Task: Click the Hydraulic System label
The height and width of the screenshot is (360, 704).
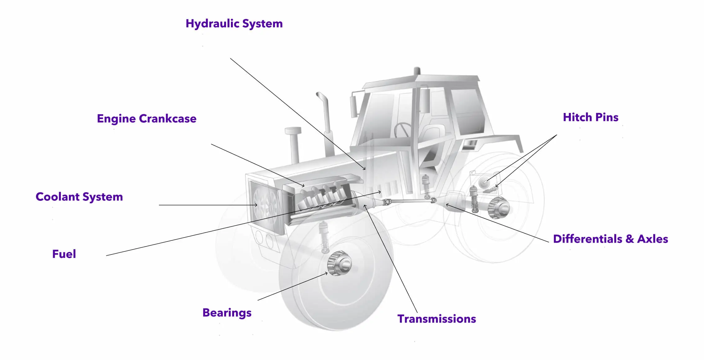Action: point(234,24)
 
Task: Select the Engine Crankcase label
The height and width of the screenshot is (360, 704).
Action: point(147,119)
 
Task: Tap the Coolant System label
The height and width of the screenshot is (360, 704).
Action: point(79,197)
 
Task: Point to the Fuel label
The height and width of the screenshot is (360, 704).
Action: point(64,254)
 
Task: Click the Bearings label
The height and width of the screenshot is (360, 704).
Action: point(227,313)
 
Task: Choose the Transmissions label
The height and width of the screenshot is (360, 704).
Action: point(437,319)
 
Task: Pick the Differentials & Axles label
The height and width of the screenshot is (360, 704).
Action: point(611,239)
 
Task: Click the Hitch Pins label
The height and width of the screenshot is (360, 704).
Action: point(591,117)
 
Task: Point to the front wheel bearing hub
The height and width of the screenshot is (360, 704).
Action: point(340,263)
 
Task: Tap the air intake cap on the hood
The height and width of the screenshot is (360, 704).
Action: point(293,130)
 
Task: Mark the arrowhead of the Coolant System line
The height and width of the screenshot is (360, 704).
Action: point(256,205)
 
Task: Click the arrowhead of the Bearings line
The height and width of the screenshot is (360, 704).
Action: point(326,273)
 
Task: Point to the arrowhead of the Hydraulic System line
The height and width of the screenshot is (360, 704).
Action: point(364,169)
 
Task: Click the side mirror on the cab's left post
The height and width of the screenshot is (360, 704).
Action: point(353,106)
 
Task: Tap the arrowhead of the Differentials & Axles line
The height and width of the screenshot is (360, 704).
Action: point(447,205)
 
